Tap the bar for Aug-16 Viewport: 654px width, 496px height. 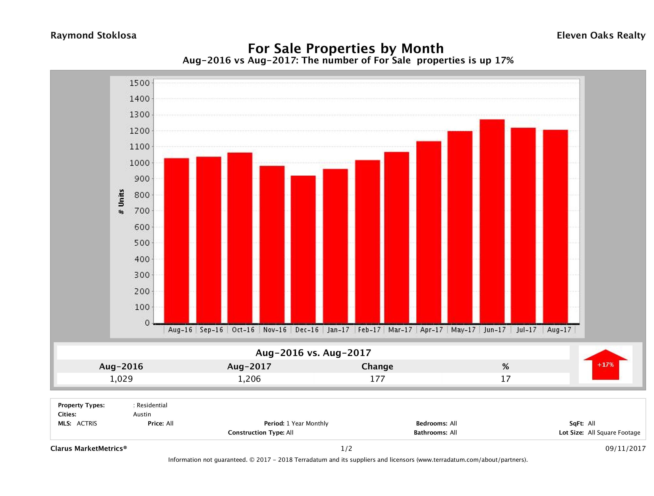[177, 241]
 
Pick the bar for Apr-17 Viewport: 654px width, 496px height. [429, 232]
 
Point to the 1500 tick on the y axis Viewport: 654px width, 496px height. [140, 83]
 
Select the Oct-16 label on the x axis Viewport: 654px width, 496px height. [243, 330]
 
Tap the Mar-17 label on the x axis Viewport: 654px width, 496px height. [400, 330]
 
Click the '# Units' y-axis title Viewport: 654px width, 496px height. [121, 202]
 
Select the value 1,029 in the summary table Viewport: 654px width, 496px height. [121, 379]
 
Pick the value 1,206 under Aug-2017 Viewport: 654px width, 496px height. [249, 379]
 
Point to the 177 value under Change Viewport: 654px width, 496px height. [377, 379]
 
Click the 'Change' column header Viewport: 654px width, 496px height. [377, 367]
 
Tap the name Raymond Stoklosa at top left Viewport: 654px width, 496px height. [93, 35]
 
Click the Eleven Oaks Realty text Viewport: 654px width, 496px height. [601, 35]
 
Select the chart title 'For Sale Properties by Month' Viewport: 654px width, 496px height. [346, 48]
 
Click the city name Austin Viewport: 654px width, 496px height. [142, 414]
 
